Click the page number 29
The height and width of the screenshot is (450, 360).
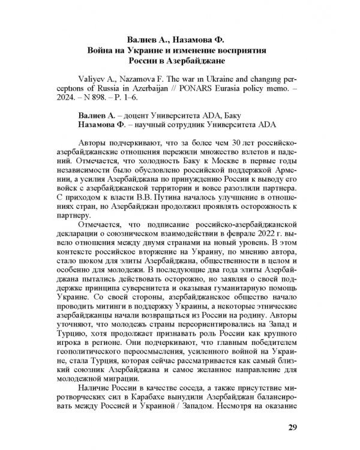click(x=292, y=427)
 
